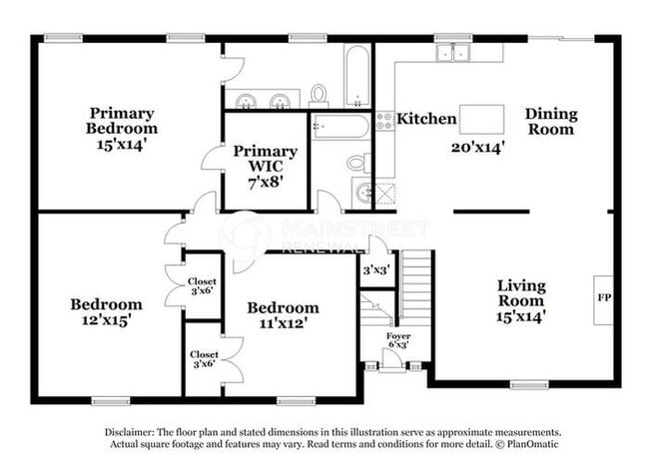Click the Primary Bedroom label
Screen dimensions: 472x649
pyautogui.click(x=121, y=121)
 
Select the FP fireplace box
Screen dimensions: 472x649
pyautogui.click(x=603, y=298)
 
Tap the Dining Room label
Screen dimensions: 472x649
pyautogui.click(x=551, y=122)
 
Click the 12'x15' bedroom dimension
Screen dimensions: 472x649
pyautogui.click(x=104, y=321)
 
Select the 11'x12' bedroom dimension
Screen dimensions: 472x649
pyautogui.click(x=284, y=323)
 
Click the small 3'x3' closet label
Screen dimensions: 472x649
pyautogui.click(x=374, y=270)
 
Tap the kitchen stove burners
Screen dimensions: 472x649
pyautogui.click(x=384, y=121)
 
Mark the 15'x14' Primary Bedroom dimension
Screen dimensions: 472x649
pyautogui.click(x=121, y=144)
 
